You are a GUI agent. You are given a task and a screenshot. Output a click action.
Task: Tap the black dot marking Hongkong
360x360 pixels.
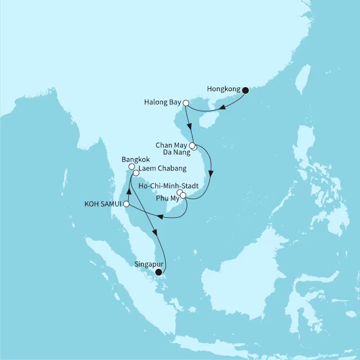tap(245, 89)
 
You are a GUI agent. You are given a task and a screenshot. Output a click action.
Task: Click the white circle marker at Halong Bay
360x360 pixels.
tap(186, 103)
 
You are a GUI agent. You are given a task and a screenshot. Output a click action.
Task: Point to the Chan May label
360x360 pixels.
tap(172, 145)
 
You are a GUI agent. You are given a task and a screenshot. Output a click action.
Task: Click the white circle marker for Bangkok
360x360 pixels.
tap(131, 167)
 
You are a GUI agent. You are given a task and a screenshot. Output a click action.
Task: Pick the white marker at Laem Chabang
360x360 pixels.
tap(136, 173)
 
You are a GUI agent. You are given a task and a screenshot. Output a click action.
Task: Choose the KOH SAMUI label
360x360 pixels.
tap(103, 204)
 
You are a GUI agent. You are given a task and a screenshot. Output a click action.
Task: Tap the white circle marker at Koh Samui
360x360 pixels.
tap(127, 204)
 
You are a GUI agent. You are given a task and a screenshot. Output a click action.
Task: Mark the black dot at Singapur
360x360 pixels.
tap(158, 272)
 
